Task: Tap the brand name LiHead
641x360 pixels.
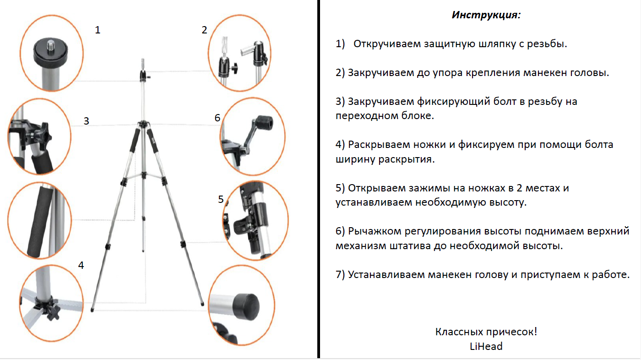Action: click(x=486, y=346)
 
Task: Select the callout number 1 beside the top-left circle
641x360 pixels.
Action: click(x=98, y=30)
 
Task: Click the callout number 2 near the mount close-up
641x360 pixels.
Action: click(x=204, y=30)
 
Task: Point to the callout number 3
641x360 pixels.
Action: click(x=86, y=121)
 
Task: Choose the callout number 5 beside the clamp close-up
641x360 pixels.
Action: click(x=221, y=199)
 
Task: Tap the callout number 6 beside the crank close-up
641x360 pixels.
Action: click(x=217, y=118)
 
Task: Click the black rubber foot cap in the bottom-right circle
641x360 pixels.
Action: click(x=246, y=303)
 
